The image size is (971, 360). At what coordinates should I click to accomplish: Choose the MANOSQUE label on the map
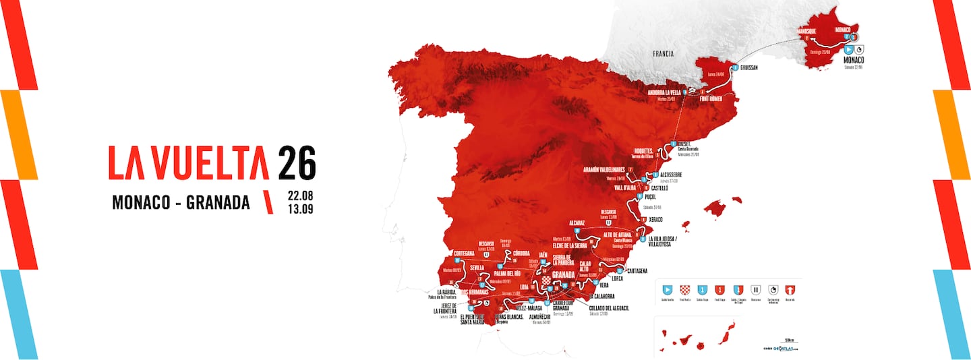point(809,30)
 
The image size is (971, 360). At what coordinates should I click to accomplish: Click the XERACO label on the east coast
point(656,220)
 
